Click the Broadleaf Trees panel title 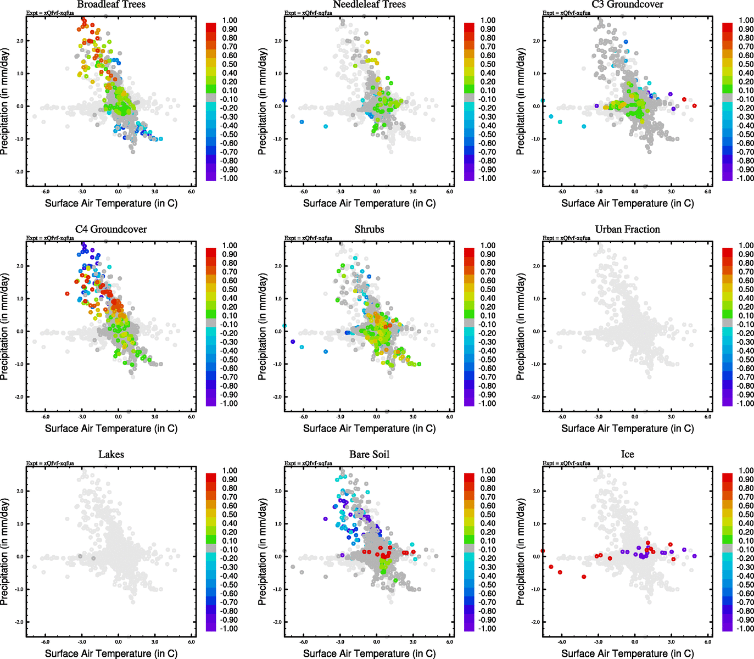pyautogui.click(x=111, y=4)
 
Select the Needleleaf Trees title pyautogui.click(x=369, y=4)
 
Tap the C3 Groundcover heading pyautogui.click(x=627, y=4)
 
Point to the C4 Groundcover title pyautogui.click(x=111, y=229)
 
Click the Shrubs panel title pyautogui.click(x=369, y=229)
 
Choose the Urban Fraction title pyautogui.click(x=627, y=229)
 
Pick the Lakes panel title pyautogui.click(x=111, y=454)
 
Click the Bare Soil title pyautogui.click(x=369, y=454)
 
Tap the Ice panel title pyautogui.click(x=627, y=454)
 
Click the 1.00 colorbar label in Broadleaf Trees pyautogui.click(x=230, y=20)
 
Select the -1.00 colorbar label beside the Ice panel pyautogui.click(x=745, y=628)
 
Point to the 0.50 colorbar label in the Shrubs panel pyautogui.click(x=488, y=289)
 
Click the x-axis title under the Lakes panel pyautogui.click(x=111, y=653)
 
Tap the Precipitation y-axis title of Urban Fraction pyautogui.click(x=521, y=327)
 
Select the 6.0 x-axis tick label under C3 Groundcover pyautogui.click(x=708, y=192)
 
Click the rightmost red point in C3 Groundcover pyautogui.click(x=694, y=105)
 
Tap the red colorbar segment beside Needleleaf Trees pyautogui.click(x=469, y=27)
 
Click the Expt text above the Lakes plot pyautogui.click(x=50, y=463)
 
